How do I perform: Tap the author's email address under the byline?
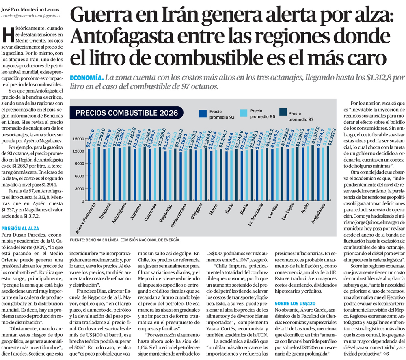tap(31, 15)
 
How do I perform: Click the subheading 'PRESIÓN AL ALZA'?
tap(20, 229)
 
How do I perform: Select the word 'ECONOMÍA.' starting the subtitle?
tap(86, 78)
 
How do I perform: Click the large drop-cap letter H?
tap(8, 35)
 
